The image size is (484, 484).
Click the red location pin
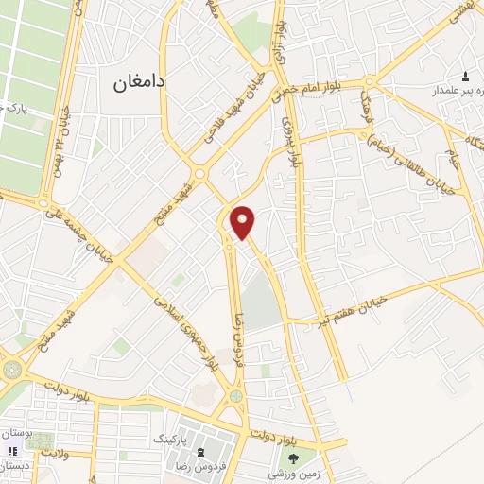click(x=244, y=221)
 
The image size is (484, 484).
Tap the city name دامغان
click(x=139, y=83)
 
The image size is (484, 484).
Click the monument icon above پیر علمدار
click(x=464, y=76)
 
